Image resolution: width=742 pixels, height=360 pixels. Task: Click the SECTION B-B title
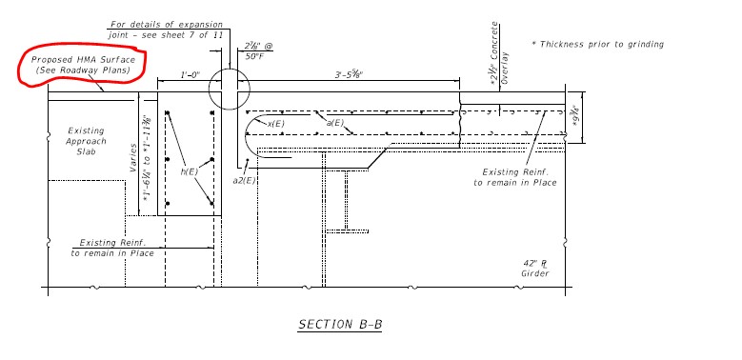[340, 325]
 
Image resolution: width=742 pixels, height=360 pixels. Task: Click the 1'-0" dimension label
[191, 74]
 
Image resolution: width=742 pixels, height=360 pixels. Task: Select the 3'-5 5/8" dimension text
[352, 74]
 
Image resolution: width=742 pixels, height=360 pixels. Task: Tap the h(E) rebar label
[190, 171]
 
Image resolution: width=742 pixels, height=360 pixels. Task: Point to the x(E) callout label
[276, 124]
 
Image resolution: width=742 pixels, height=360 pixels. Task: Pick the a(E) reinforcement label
[334, 123]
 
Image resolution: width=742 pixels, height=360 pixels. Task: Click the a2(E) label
[244, 180]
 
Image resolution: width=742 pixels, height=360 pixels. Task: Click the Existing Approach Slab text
[86, 141]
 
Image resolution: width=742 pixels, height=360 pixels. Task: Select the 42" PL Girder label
[535, 269]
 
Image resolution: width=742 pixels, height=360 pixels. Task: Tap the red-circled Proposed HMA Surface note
[83, 66]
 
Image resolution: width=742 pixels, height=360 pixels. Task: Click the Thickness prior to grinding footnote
[597, 44]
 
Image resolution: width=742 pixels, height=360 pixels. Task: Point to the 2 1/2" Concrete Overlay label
[500, 53]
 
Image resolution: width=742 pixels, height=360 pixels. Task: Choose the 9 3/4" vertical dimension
[575, 117]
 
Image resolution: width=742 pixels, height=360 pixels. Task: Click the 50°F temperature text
[255, 56]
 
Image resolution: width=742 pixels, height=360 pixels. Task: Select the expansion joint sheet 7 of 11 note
[166, 30]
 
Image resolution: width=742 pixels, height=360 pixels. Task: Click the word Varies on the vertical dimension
[134, 158]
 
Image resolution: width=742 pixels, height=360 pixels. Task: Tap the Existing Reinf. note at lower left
[112, 248]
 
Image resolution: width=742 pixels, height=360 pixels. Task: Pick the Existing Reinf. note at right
[515, 177]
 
